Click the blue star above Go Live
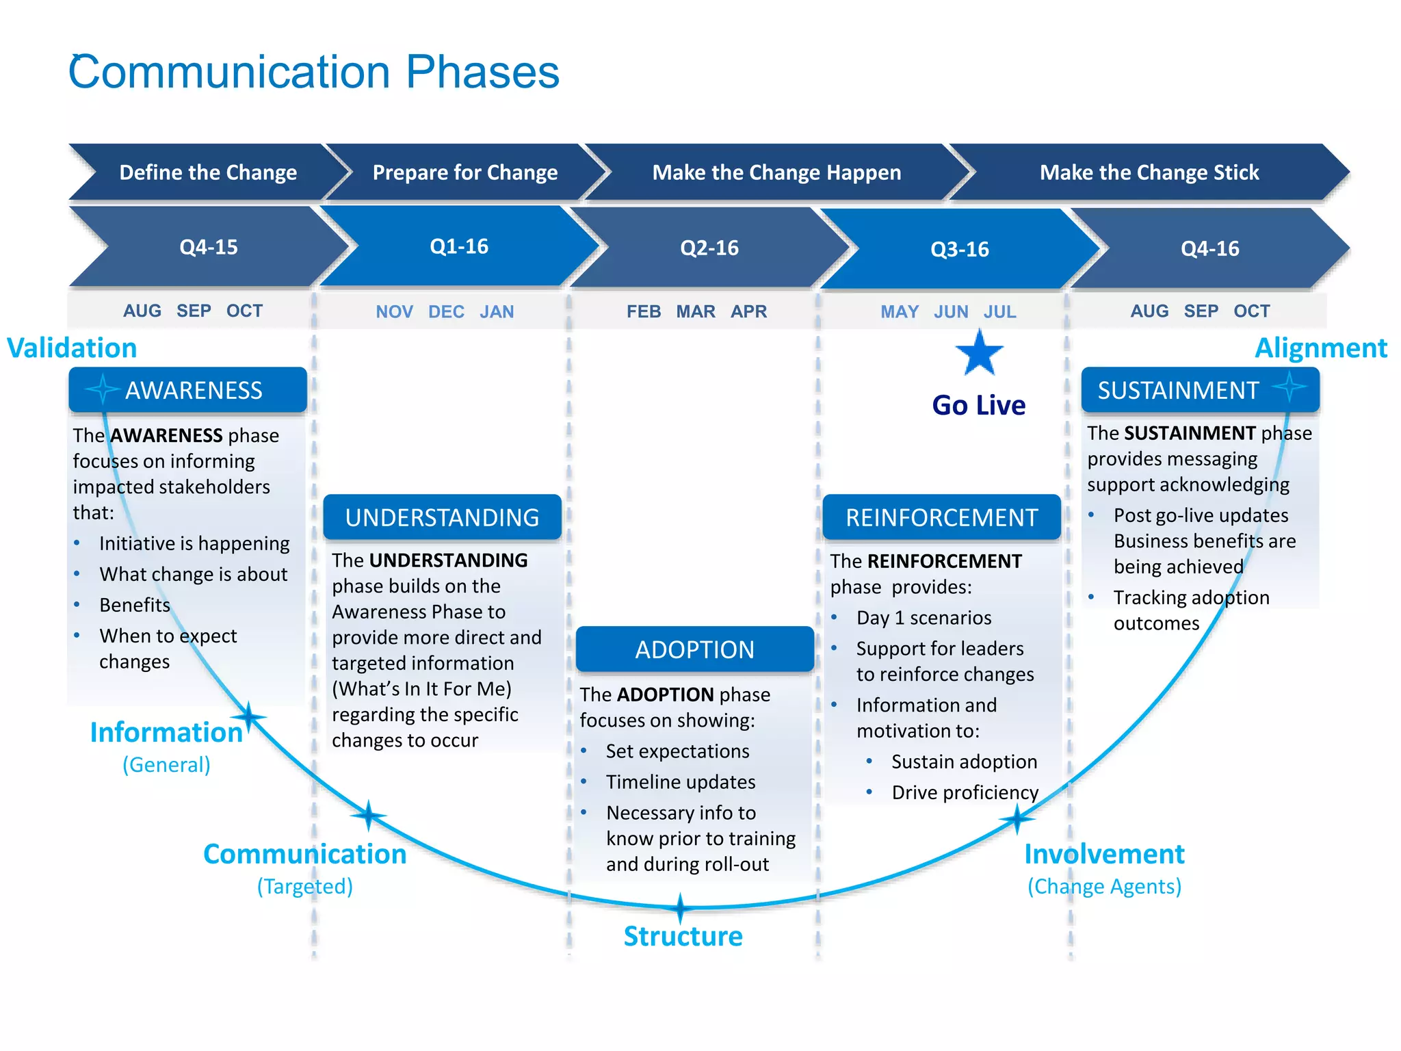pyautogui.click(x=979, y=353)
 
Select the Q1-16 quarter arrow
pyautogui.click(x=458, y=246)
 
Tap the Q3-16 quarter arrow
pyautogui.click(x=959, y=249)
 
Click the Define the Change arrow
pyautogui.click(x=207, y=172)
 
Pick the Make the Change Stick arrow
pyautogui.click(x=1149, y=172)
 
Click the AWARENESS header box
pyautogui.click(x=188, y=390)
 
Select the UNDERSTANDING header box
pyautogui.click(x=442, y=517)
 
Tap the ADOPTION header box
pyautogui.click(x=694, y=649)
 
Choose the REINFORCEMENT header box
pyautogui.click(x=941, y=517)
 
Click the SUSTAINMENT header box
pyautogui.click(x=1200, y=390)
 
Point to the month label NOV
pyautogui.click(x=394, y=312)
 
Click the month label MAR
pyautogui.click(x=696, y=312)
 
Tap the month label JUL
pyautogui.click(x=999, y=312)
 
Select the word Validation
pyautogui.click(x=72, y=348)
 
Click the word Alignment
pyautogui.click(x=1320, y=348)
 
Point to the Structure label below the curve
pyautogui.click(x=683, y=936)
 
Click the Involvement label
pyautogui.click(x=1104, y=854)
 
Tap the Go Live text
pyautogui.click(x=979, y=405)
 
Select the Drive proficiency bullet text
pyautogui.click(x=965, y=792)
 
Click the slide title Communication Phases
pyautogui.click(x=314, y=72)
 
